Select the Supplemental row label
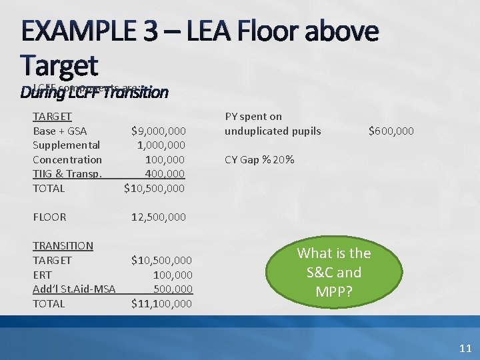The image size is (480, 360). click(67, 145)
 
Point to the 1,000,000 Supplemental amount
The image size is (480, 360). click(161, 145)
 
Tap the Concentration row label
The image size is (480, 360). click(67, 159)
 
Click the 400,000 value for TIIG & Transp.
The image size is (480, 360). click(165, 173)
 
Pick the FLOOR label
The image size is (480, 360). click(49, 217)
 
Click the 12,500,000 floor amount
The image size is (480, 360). click(159, 217)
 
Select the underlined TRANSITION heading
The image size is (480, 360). click(63, 245)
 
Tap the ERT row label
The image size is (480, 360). click(43, 275)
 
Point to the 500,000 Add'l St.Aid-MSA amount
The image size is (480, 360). click(173, 289)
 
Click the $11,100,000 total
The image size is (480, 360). click(161, 303)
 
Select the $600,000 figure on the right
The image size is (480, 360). click(391, 131)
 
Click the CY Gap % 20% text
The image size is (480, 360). click(259, 159)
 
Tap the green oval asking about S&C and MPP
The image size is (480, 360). click(334, 272)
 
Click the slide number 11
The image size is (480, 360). click(465, 347)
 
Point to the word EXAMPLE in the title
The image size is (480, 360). click(87, 31)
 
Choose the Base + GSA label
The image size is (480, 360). click(60, 131)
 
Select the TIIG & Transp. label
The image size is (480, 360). click(68, 173)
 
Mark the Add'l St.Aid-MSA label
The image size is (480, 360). click(74, 289)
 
